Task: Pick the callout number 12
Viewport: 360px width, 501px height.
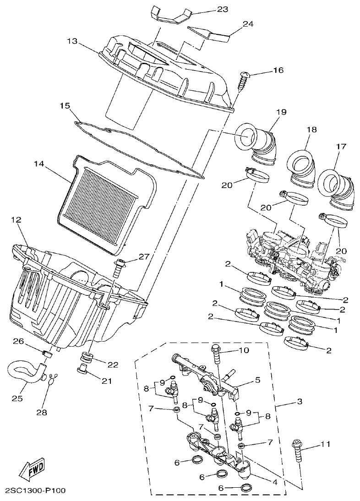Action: [16, 220]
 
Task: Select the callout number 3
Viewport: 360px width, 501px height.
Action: [299, 402]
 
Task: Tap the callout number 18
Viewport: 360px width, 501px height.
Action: [311, 130]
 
